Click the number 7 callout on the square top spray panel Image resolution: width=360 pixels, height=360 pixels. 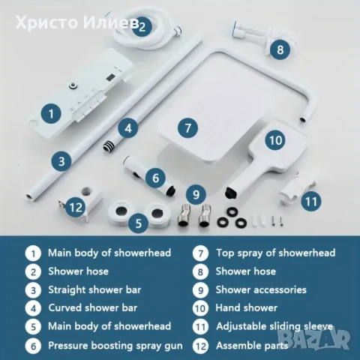tap(189, 127)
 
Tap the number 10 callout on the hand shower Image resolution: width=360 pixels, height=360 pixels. tap(275, 139)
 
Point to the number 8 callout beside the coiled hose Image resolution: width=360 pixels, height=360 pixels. tap(280, 50)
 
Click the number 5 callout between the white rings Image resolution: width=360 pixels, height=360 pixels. tap(137, 222)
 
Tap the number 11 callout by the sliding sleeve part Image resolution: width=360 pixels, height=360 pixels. tap(310, 200)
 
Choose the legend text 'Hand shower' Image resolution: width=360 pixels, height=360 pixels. tap(246, 307)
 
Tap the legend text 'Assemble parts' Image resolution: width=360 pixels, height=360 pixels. tap(251, 345)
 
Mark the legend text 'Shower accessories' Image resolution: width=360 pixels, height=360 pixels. tap(260, 289)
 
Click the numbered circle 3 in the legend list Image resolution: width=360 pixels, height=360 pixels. tap(31, 289)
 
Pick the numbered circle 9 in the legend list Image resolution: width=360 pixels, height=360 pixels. tap(199, 289)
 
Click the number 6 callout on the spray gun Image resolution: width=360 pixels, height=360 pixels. tap(154, 178)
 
